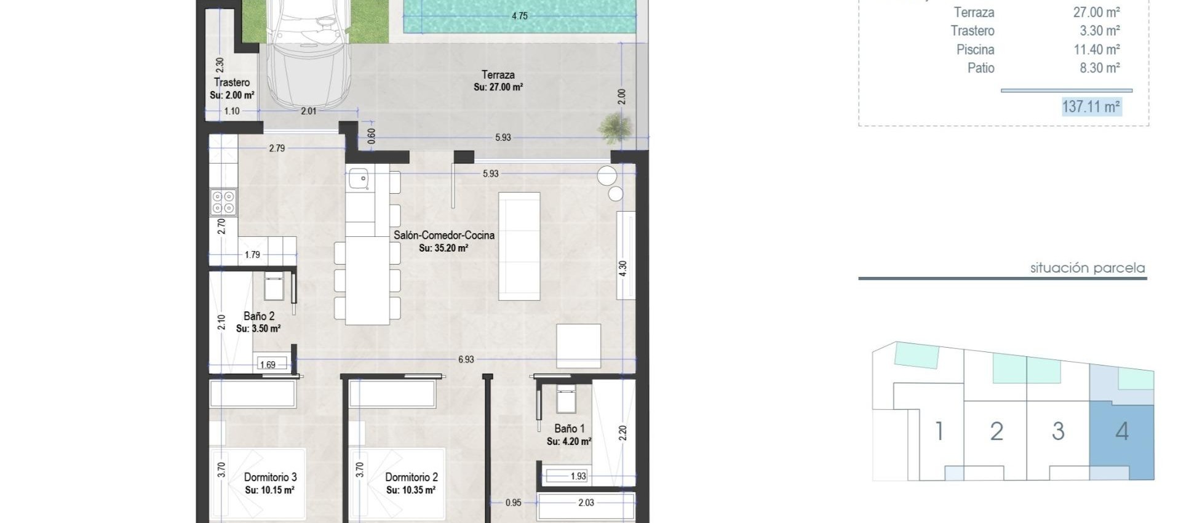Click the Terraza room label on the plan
(x=498, y=75)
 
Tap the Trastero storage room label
(x=232, y=82)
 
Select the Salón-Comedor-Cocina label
(x=443, y=235)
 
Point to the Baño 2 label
(x=259, y=316)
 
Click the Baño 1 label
(x=569, y=429)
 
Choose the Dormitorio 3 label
(x=270, y=477)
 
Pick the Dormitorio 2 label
(x=412, y=477)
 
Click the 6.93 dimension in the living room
(x=466, y=359)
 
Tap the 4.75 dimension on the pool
(x=519, y=16)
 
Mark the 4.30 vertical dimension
(x=622, y=269)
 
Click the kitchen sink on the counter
(x=359, y=179)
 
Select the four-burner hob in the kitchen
(x=223, y=202)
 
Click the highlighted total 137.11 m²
(x=1091, y=106)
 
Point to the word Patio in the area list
(x=980, y=68)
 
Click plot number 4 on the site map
(x=1122, y=431)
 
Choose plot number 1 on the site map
(x=939, y=431)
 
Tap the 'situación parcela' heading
(x=1087, y=268)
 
